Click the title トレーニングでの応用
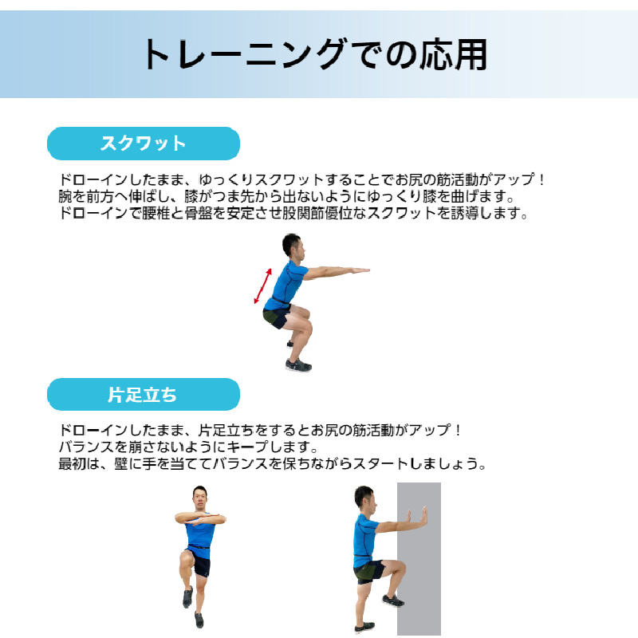[316, 54]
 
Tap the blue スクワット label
[144, 144]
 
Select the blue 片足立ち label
[144, 394]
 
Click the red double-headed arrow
[263, 286]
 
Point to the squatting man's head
[293, 246]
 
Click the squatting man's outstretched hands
[360, 270]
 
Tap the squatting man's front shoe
[298, 365]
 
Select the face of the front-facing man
[200, 499]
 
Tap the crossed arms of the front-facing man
[200, 518]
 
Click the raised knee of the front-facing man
[187, 557]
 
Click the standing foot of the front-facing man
[199, 620]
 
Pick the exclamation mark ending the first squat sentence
[542, 180]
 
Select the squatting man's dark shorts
[278, 317]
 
